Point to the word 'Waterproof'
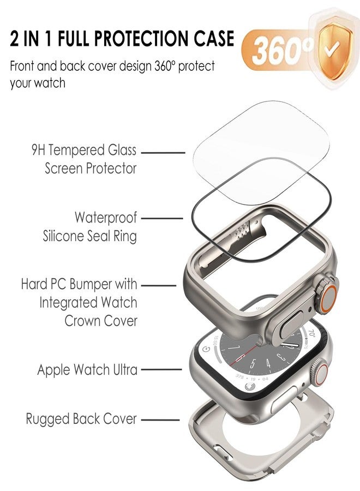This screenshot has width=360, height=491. (x=106, y=217)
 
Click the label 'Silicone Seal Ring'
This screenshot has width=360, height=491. (x=89, y=236)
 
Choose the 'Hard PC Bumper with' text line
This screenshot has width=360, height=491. (x=79, y=284)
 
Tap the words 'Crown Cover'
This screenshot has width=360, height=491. (x=101, y=320)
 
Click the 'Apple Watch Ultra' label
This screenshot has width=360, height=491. (x=87, y=370)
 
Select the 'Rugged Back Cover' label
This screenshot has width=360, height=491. (x=81, y=419)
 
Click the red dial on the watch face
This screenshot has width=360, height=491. (x=262, y=357)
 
